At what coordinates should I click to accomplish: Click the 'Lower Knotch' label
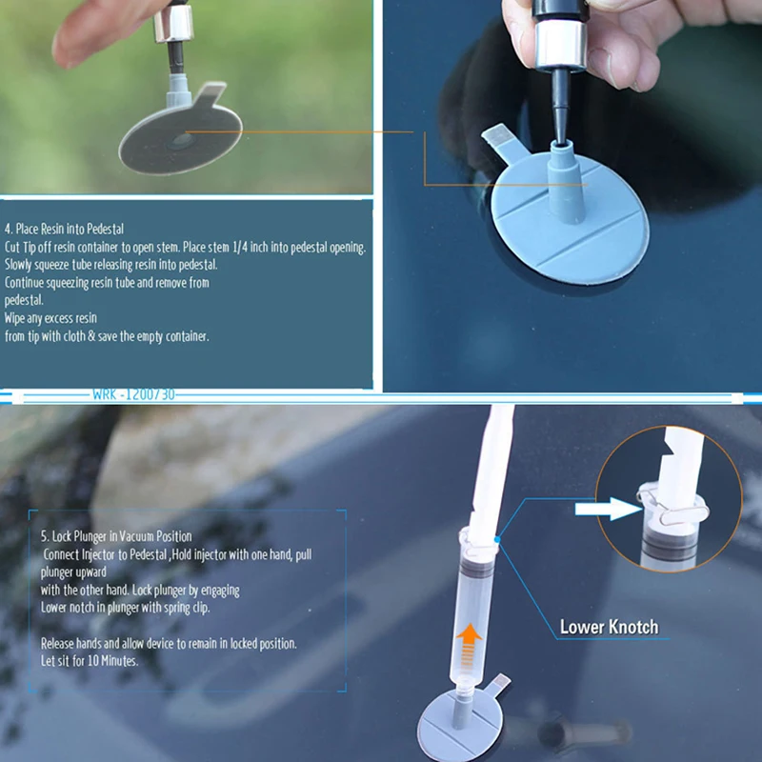coord(608,627)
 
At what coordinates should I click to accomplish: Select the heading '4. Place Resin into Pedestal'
coord(64,229)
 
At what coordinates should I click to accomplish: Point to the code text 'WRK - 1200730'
coord(134,394)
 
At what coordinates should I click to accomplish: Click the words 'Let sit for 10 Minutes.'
coord(90,660)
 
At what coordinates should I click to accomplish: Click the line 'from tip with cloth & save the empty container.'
coord(107,335)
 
